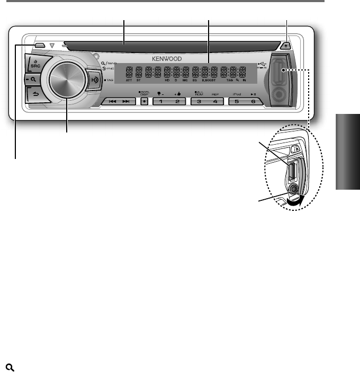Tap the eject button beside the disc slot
coord(286,46)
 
